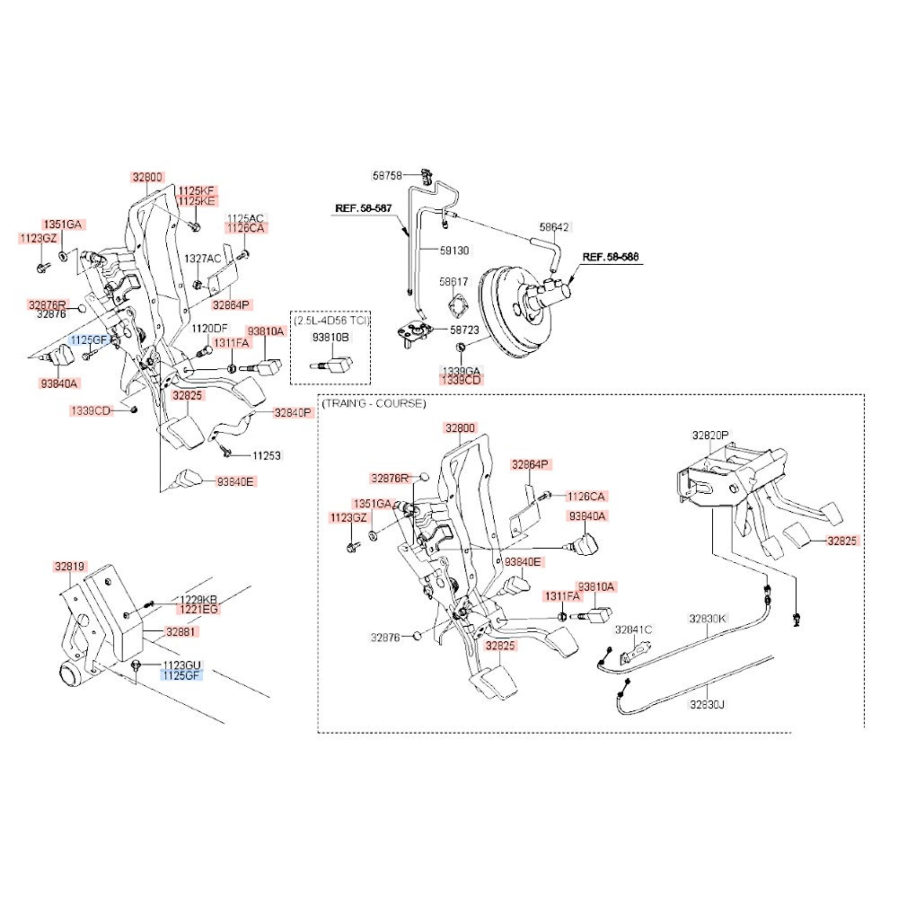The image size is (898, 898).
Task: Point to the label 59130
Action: click(x=453, y=249)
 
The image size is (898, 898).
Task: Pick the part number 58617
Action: click(x=453, y=282)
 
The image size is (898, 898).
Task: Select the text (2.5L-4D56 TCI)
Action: click(x=330, y=320)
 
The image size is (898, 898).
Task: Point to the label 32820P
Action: click(x=710, y=435)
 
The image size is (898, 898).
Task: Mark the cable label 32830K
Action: click(x=708, y=619)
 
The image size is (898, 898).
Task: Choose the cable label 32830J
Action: click(x=707, y=705)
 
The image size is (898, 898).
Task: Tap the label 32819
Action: click(x=69, y=567)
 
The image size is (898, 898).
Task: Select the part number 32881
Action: click(x=180, y=632)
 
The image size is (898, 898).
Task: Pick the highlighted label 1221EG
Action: click(x=199, y=609)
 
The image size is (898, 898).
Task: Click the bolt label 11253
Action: click(x=265, y=455)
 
